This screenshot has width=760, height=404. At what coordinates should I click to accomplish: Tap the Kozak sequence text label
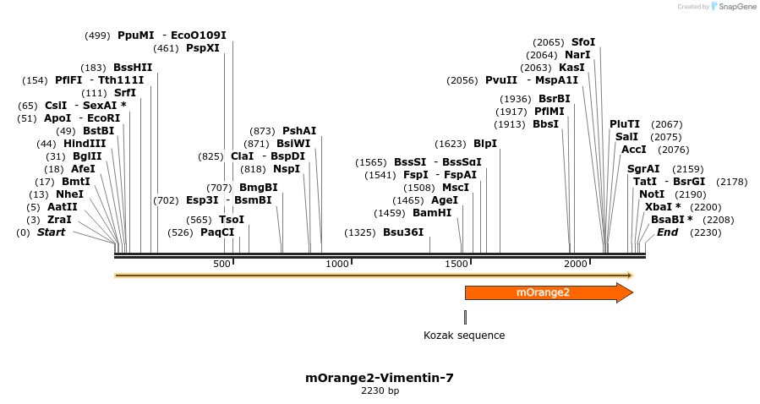(464, 336)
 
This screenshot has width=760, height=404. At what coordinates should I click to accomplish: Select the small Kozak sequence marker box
(465, 317)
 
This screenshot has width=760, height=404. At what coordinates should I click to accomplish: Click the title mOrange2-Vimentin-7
(380, 378)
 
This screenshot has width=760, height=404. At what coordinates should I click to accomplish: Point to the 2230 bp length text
(380, 391)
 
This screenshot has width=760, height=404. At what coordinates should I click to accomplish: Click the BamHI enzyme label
(432, 213)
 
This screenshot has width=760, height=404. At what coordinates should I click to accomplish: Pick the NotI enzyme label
(652, 194)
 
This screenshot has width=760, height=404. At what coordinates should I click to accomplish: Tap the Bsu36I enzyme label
(403, 232)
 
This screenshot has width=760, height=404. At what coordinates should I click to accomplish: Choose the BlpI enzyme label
(485, 144)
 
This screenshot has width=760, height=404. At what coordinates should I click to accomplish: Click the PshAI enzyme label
(299, 131)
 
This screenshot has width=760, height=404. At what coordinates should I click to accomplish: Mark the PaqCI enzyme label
(217, 232)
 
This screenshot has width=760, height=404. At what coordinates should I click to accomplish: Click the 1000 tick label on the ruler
(337, 265)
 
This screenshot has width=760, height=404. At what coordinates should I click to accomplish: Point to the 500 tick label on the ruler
(221, 265)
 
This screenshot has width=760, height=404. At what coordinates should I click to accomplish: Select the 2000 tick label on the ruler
(576, 265)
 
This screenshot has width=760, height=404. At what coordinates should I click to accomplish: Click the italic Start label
(51, 232)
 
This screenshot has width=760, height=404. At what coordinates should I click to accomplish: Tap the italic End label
(667, 232)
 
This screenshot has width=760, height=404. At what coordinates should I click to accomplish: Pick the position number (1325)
(360, 232)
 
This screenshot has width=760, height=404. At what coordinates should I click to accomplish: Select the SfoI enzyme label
(583, 41)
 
